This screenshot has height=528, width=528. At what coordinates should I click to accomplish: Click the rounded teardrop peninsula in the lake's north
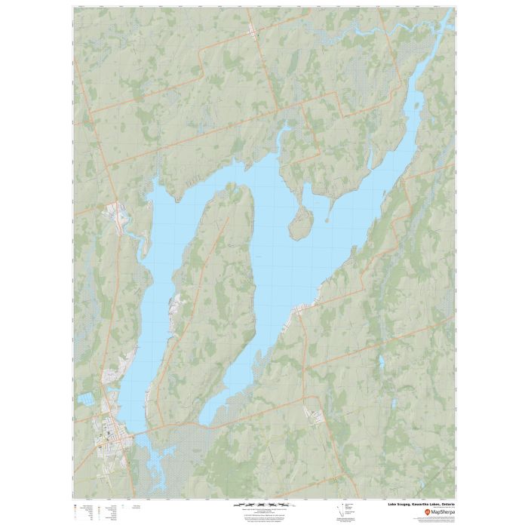pos(301,223)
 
